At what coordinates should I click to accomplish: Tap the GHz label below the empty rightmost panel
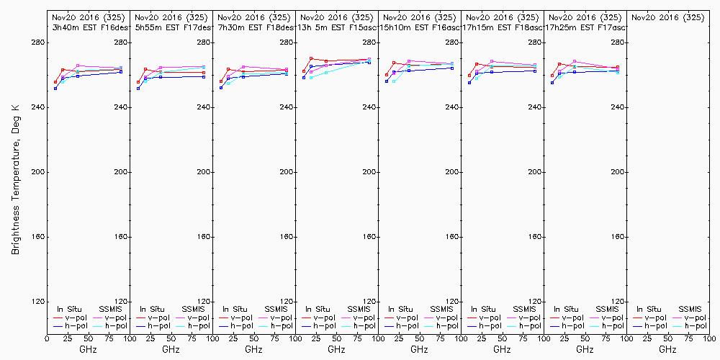tap(667, 349)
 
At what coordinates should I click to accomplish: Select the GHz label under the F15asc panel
tap(336, 349)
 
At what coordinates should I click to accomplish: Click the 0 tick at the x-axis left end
tap(47, 339)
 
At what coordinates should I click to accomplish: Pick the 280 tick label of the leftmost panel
tap(39, 42)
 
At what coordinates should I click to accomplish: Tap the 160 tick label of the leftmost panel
tap(39, 237)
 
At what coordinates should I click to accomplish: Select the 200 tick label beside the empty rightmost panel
tap(618, 172)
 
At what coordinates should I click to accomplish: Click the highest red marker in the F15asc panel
tap(310, 58)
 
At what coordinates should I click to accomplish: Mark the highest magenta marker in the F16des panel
tap(77, 66)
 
